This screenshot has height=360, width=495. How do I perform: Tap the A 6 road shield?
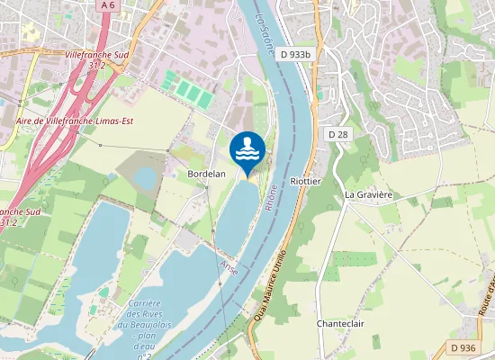click(108, 5)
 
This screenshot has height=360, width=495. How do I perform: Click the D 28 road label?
click(338, 134)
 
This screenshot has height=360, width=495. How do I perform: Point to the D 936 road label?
click(463, 348)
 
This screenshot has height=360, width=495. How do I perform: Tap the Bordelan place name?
click(205, 173)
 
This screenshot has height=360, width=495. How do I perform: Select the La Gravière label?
click(369, 193)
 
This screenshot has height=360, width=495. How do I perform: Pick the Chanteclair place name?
click(340, 323)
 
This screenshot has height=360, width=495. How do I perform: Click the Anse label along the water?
click(229, 267)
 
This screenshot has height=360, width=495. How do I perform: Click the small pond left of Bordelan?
click(146, 179)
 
